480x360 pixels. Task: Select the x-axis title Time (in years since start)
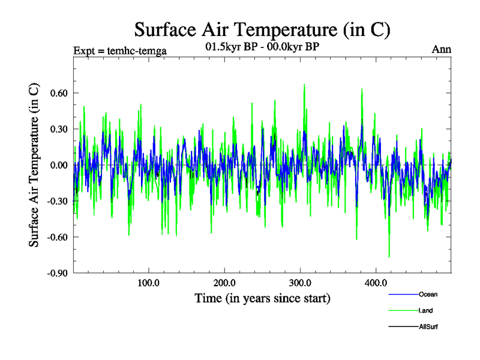(x=262, y=298)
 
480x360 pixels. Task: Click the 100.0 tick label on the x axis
(x=148, y=283)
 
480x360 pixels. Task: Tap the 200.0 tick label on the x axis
(x=224, y=283)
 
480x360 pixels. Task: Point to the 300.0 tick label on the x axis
(x=299, y=283)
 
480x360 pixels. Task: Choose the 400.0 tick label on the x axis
(x=375, y=283)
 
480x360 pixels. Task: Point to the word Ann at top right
(x=442, y=50)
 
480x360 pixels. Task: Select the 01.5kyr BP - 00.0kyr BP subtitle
(x=262, y=47)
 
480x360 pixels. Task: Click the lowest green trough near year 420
(x=389, y=257)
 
